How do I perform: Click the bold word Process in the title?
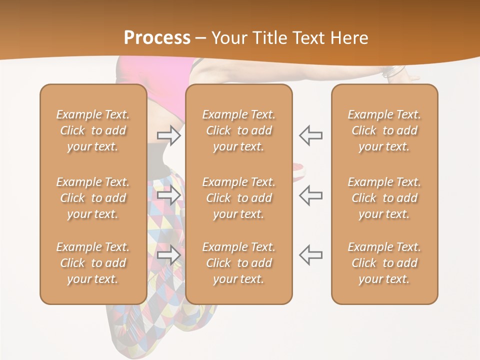(157, 38)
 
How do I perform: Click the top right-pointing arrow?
(169, 135)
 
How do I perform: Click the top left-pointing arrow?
(311, 135)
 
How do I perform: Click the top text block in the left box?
(93, 130)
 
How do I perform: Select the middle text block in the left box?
(93, 198)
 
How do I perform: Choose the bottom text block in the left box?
(93, 263)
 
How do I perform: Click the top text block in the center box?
(239, 130)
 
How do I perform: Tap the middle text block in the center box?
(239, 198)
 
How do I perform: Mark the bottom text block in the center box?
(239, 263)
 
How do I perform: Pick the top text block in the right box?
(384, 130)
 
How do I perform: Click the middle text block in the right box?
(384, 198)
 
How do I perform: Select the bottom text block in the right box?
(384, 263)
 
